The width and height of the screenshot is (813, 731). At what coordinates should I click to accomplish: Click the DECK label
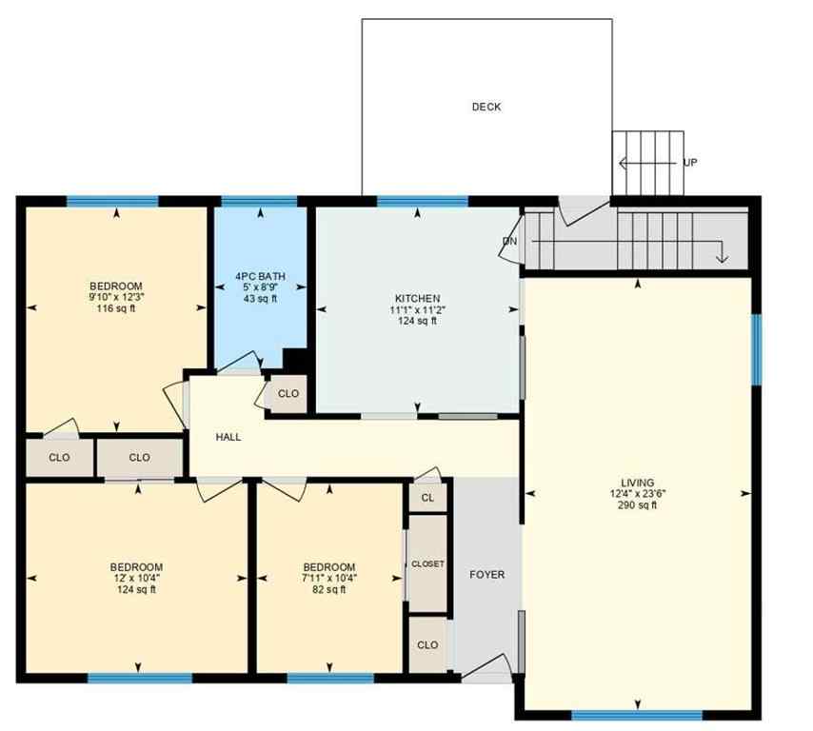tap(486, 107)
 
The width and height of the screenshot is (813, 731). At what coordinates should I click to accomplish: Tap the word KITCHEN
tap(417, 298)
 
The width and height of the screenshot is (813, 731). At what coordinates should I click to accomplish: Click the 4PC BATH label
tap(260, 277)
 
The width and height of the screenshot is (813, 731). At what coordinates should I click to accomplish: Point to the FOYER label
tap(487, 575)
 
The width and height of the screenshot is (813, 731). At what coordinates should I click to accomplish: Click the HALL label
tap(228, 437)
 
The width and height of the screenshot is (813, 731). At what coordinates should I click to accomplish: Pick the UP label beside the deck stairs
tap(690, 163)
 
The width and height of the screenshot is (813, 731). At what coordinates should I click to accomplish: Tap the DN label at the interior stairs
tap(510, 241)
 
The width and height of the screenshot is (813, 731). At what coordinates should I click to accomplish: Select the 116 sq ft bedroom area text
tap(116, 308)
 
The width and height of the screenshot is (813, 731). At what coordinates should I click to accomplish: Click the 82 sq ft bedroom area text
tap(329, 590)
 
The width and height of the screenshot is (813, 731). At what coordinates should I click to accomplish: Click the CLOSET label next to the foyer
tap(427, 564)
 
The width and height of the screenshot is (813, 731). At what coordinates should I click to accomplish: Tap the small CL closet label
tap(427, 497)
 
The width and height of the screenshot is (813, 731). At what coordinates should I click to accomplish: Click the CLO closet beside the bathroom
tap(288, 394)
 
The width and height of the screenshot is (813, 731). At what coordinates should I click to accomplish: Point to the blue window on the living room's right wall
tap(756, 349)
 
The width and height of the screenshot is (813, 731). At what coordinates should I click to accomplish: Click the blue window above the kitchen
tap(422, 201)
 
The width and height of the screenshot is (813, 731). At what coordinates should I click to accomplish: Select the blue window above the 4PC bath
tap(259, 201)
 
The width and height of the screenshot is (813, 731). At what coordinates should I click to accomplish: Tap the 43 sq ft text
tap(260, 299)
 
